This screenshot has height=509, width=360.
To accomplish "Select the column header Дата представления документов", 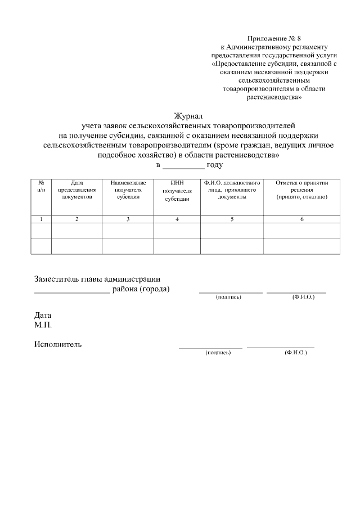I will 76,190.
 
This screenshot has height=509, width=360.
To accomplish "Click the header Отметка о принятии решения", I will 301,190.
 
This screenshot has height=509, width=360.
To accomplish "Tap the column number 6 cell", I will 301,219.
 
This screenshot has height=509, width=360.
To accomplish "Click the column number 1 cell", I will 41,219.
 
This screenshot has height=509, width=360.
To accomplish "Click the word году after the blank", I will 215,165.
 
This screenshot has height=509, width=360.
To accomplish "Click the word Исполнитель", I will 58,344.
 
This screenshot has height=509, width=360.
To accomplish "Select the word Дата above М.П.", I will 43,316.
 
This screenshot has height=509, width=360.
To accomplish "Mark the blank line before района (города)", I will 72,290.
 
